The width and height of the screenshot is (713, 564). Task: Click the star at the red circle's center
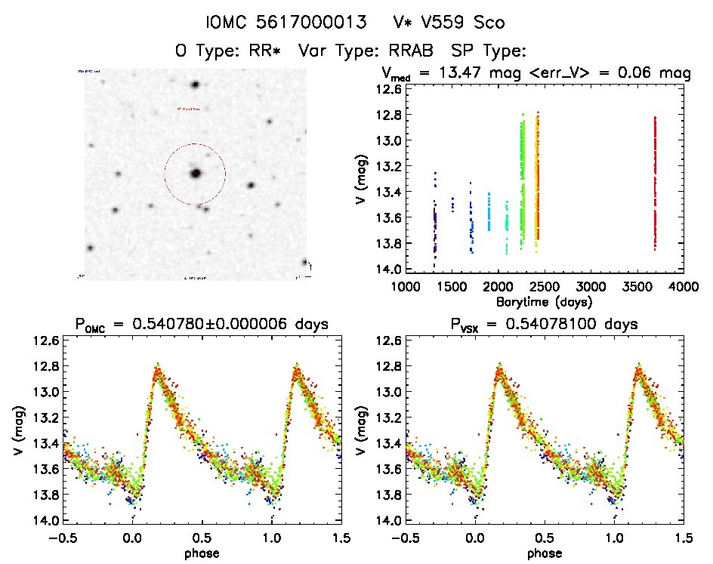click(x=196, y=173)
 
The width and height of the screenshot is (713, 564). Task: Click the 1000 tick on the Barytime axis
click(x=405, y=287)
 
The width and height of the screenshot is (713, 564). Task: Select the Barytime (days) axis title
click(x=544, y=300)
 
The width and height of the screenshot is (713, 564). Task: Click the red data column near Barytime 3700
click(x=655, y=181)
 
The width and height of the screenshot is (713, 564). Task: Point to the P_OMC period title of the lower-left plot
click(x=202, y=325)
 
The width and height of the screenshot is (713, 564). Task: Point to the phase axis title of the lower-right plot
click(x=544, y=553)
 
